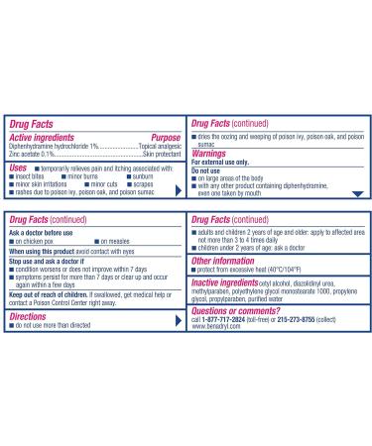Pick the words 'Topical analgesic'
(156, 145)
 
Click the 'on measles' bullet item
(118, 241)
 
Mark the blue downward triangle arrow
(358, 194)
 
